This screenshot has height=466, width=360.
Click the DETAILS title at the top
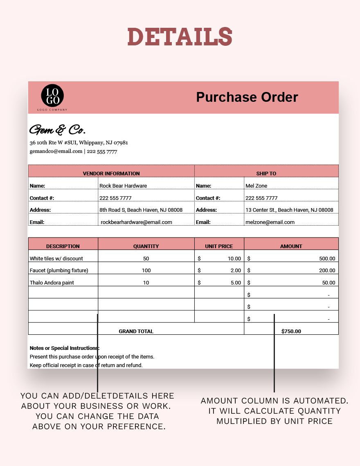pyautogui.click(x=180, y=37)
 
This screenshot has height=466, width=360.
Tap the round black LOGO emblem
pyautogui.click(x=52, y=95)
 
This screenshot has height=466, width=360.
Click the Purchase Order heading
pyautogui.click(x=247, y=97)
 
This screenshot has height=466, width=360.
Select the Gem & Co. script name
pyautogui.click(x=57, y=130)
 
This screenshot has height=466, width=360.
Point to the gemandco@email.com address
pyautogui.click(x=56, y=151)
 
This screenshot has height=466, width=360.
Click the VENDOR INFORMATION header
pyautogui.click(x=111, y=173)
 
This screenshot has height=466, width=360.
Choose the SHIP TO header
pyautogui.click(x=266, y=173)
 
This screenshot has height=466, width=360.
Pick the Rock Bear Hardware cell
pyautogui.click(x=123, y=186)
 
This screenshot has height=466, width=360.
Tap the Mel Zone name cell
pyautogui.click(x=256, y=186)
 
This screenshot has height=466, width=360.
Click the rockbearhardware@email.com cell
pyautogui.click(x=136, y=222)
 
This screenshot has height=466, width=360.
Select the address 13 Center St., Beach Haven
pyautogui.click(x=289, y=210)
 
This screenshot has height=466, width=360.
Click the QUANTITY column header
pyautogui.click(x=146, y=246)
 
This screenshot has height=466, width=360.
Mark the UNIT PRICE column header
pyautogui.click(x=219, y=246)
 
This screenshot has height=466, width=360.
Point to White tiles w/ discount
pyautogui.click(x=56, y=258)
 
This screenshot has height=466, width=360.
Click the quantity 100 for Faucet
pyautogui.click(x=146, y=271)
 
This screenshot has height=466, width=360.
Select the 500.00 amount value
pyautogui.click(x=327, y=258)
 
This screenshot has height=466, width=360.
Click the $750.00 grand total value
pyautogui.click(x=291, y=332)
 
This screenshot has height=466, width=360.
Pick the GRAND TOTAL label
pyautogui.click(x=136, y=332)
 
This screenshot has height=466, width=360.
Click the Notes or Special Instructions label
pyautogui.click(x=64, y=348)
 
